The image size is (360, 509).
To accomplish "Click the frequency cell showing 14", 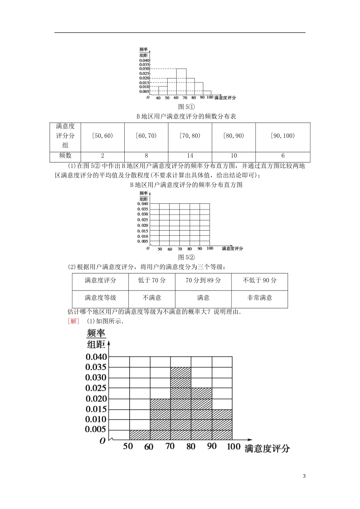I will [x=190, y=156].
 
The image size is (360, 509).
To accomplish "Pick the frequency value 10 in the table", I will [x=234, y=156].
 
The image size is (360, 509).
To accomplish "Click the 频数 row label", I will [x=65, y=156].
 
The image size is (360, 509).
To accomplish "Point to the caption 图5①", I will [x=186, y=107].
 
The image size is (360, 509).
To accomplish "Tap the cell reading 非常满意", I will [x=260, y=298].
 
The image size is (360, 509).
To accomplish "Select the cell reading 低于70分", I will [x=152, y=281].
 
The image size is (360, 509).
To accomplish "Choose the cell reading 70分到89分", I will [x=203, y=281].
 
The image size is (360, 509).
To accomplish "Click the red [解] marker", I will [x=74, y=321].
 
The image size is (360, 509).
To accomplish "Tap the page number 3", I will [x=304, y=476].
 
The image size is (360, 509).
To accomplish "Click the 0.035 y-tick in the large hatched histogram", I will [x=96, y=367].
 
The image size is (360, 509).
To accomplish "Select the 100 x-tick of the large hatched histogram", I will [x=233, y=447].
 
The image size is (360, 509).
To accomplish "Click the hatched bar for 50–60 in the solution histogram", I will [x=140, y=435].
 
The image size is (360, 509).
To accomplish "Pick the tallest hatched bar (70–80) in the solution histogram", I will [x=181, y=403].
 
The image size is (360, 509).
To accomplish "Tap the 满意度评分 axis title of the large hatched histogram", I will [x=267, y=449].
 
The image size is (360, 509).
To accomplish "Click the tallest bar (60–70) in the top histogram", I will [x=181, y=81].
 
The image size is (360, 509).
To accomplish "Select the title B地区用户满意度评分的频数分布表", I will [x=186, y=117].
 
